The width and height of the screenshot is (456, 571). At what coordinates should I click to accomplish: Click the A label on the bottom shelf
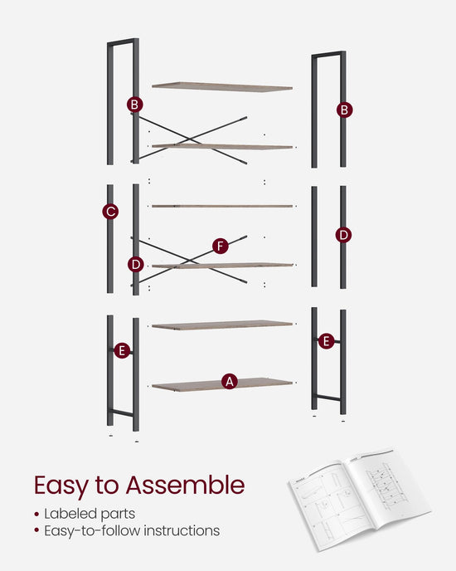(230, 381)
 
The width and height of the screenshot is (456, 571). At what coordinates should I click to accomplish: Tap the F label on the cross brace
(221, 246)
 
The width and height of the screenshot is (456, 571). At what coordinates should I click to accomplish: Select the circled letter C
(110, 211)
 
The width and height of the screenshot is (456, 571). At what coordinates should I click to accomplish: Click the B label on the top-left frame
(134, 105)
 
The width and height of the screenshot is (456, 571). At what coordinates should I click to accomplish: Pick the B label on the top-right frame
(344, 110)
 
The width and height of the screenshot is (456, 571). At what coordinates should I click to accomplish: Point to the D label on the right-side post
(343, 235)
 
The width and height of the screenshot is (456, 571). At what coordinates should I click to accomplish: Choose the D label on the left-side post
(136, 265)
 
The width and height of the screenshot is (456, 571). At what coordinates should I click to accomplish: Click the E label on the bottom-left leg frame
(122, 350)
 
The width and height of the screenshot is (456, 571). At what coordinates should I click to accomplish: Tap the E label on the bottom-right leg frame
(326, 341)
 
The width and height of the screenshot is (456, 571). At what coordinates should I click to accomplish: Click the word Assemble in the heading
(185, 485)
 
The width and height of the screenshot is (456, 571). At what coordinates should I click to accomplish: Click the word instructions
(182, 530)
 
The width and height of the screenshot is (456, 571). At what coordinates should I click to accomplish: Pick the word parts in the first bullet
(118, 515)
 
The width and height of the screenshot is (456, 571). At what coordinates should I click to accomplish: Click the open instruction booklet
(360, 499)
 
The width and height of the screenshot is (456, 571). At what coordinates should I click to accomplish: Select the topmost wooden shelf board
(222, 86)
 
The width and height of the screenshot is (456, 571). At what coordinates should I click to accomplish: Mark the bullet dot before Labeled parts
(36, 515)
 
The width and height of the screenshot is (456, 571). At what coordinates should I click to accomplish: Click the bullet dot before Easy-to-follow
(36, 530)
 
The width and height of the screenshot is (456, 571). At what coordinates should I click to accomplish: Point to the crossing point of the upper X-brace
(189, 139)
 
